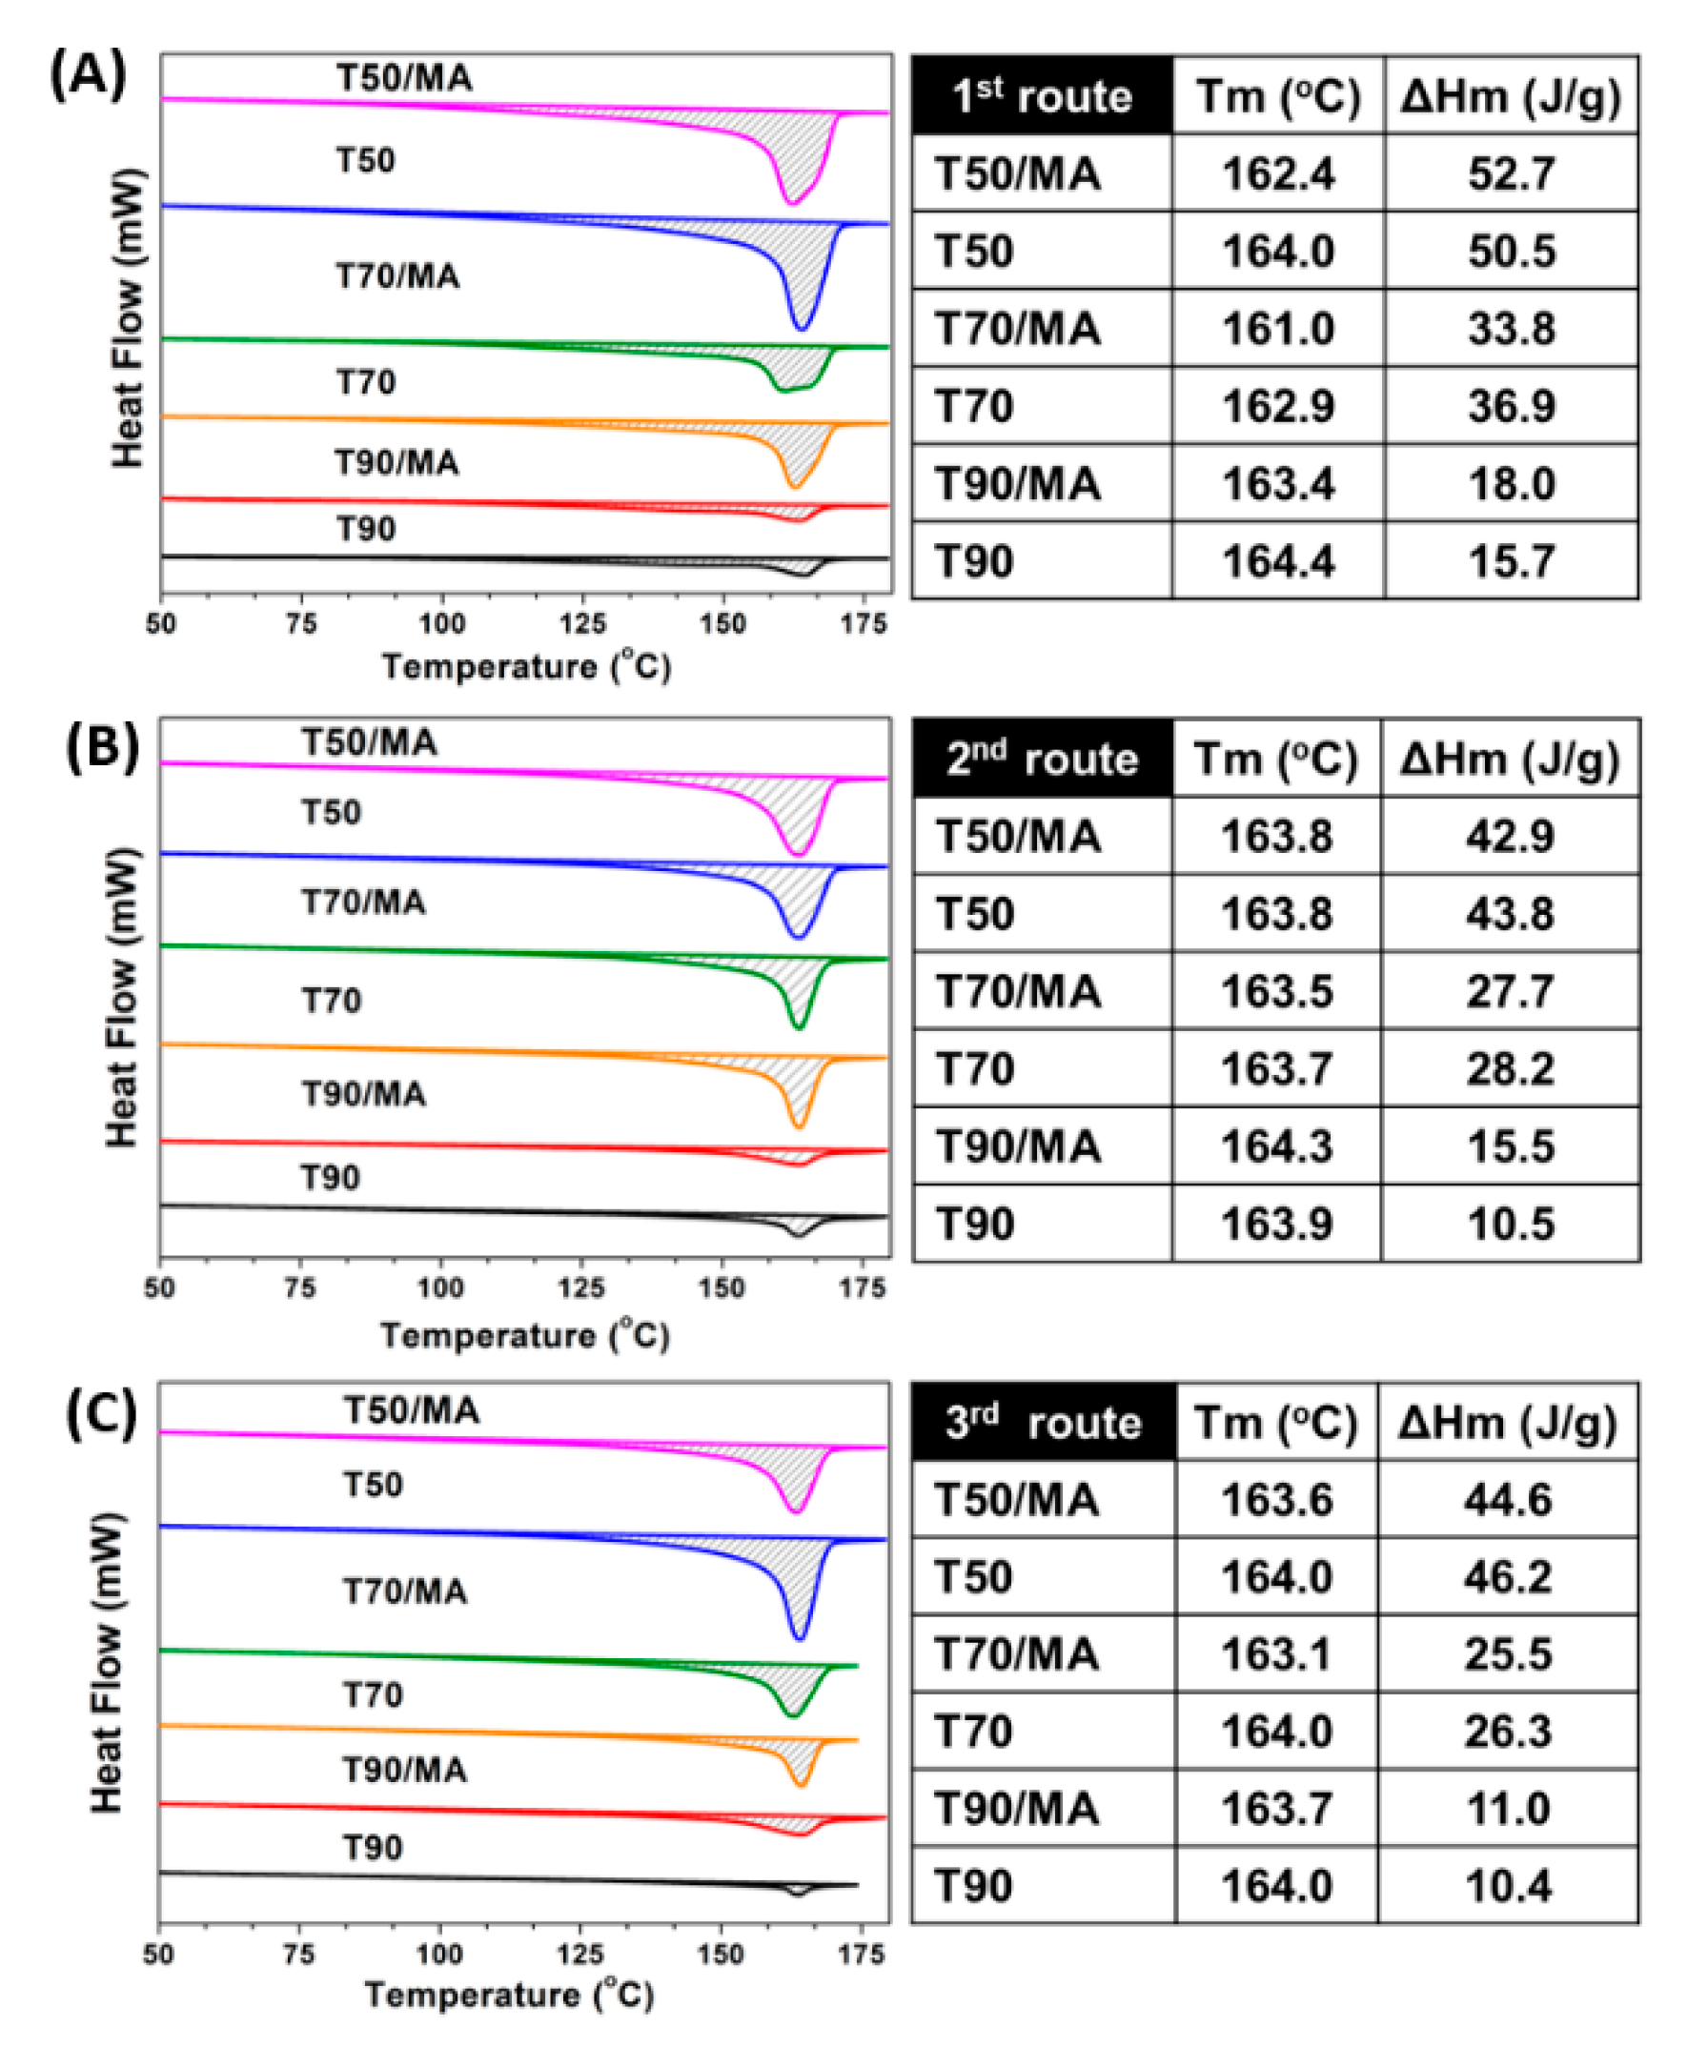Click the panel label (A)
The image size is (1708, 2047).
[88, 75]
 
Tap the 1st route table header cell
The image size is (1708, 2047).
[1041, 95]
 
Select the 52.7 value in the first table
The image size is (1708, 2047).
[1510, 173]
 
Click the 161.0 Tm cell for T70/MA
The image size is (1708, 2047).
[1277, 329]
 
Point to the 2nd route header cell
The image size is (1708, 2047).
[1041, 759]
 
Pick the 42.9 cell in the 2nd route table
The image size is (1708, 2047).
[1509, 837]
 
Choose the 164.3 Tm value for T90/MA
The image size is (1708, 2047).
[1276, 1146]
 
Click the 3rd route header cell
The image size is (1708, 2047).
[1042, 1422]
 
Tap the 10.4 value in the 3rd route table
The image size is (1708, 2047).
[1507, 1887]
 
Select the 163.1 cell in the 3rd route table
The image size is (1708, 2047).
[1276, 1654]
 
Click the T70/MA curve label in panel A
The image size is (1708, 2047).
[397, 276]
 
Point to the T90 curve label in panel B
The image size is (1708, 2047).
[331, 1178]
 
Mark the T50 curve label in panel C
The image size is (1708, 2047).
[373, 1485]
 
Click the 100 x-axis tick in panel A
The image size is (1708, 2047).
[441, 624]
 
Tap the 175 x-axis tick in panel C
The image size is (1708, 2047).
[862, 1954]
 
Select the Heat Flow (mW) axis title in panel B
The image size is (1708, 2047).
[122, 996]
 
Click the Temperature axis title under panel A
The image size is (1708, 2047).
[525, 667]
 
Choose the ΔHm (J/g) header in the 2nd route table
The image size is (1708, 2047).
[1509, 759]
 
